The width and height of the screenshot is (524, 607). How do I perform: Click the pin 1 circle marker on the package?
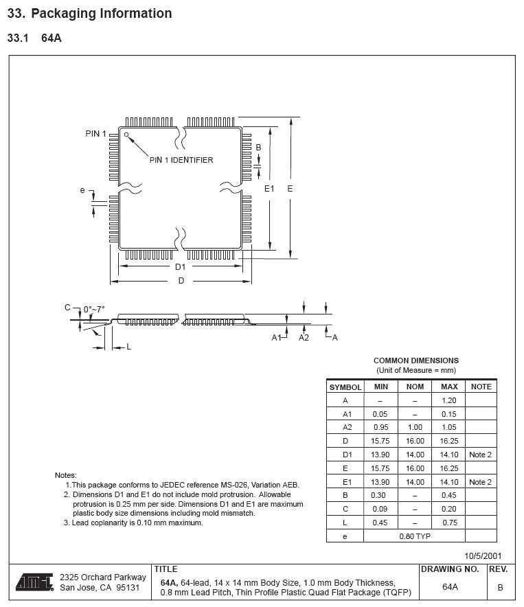[x=126, y=135]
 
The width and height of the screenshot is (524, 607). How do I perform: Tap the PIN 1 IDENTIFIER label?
[x=181, y=160]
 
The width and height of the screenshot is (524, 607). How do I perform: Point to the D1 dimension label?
[x=180, y=266]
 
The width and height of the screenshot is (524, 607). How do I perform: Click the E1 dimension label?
[x=269, y=188]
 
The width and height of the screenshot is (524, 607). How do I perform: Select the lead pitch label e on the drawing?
[x=82, y=190]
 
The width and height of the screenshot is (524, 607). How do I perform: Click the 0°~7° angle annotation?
[x=94, y=309]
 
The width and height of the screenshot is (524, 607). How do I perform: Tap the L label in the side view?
[x=128, y=347]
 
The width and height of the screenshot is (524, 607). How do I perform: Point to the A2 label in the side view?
[x=304, y=337]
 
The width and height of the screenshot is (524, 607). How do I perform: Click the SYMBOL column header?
[x=345, y=387]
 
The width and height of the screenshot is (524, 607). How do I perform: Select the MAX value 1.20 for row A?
[x=449, y=400]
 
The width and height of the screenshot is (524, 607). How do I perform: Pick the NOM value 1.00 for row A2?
[x=415, y=427]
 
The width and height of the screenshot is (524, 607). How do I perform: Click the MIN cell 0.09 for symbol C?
[x=380, y=509]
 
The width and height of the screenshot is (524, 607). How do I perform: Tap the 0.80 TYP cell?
[x=415, y=536]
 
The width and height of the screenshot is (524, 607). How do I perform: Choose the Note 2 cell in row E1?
[x=481, y=482]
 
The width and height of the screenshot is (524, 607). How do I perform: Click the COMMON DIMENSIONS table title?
[x=415, y=360]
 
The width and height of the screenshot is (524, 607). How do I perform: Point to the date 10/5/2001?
[x=483, y=556]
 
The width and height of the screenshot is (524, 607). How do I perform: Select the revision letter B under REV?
[x=500, y=587]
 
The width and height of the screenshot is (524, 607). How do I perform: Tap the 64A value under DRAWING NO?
[x=450, y=586]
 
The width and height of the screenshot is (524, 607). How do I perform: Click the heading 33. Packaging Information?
[x=89, y=13]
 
